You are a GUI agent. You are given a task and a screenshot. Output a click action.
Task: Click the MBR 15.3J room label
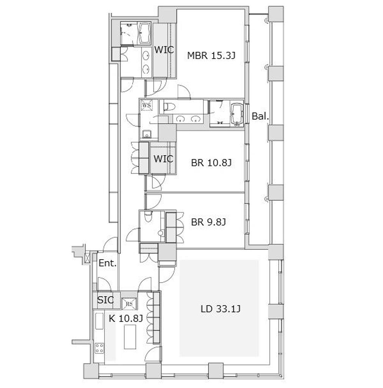(x=211, y=55)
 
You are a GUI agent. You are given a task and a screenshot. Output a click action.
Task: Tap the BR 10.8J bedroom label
(x=211, y=163)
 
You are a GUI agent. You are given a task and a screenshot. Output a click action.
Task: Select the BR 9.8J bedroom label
(x=208, y=222)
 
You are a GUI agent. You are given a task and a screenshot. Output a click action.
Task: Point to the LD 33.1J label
(x=220, y=309)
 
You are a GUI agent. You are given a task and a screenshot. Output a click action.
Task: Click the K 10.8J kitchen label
(x=126, y=318)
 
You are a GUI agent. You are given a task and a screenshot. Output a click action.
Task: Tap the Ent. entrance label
(x=107, y=263)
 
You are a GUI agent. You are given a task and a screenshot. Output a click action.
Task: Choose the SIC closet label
(x=105, y=300)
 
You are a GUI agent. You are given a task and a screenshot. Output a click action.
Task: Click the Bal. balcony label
(x=260, y=116)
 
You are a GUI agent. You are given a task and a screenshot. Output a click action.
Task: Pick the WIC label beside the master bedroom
(x=164, y=50)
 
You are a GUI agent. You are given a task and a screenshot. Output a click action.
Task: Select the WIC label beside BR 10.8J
(x=163, y=159)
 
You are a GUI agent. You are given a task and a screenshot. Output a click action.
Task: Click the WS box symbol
(x=147, y=105)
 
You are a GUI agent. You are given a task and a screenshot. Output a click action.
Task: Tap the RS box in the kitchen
(x=129, y=304)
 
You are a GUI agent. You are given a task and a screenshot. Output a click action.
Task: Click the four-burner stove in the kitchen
(x=100, y=348)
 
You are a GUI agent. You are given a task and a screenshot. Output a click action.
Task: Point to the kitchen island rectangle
(x=130, y=336)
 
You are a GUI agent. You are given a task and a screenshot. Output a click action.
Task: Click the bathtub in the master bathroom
(x=144, y=33)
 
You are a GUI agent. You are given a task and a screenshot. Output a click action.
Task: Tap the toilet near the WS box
(x=169, y=107)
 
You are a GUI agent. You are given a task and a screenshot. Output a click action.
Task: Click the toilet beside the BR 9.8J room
(x=148, y=216)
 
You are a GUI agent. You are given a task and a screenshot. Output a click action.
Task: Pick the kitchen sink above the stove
(x=99, y=321)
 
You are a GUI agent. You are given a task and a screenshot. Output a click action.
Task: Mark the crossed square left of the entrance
(x=87, y=258)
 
